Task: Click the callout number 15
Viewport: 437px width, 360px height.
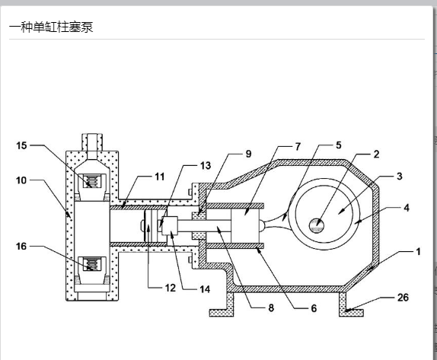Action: click(21, 145)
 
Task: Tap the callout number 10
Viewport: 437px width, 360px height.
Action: click(21, 180)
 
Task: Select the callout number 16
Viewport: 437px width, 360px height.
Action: click(21, 247)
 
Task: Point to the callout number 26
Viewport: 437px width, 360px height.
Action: click(403, 298)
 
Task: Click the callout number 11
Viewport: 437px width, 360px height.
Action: click(160, 177)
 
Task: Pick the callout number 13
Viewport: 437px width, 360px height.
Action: click(206, 166)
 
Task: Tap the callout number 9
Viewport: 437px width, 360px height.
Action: click(248, 154)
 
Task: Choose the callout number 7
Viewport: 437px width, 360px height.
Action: click(298, 147)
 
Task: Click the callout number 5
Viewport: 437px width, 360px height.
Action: click(339, 145)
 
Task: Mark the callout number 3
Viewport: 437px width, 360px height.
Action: click(400, 176)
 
